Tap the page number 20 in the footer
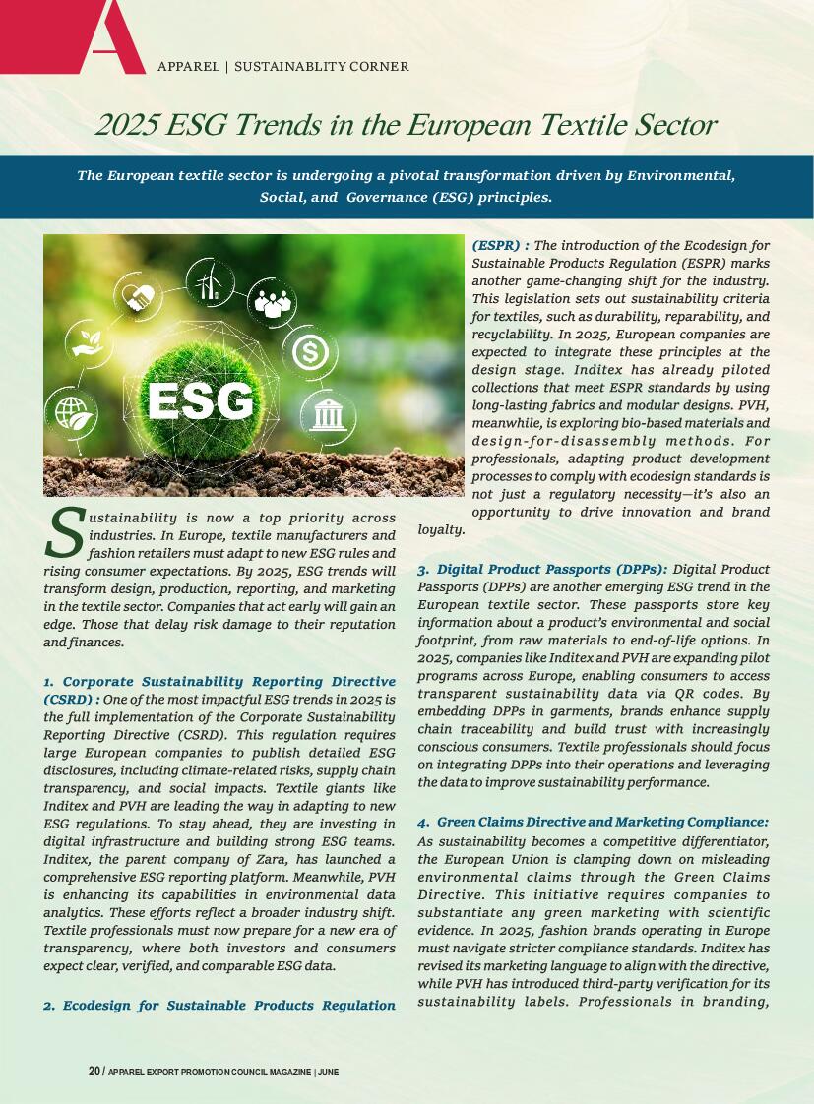(x=94, y=1071)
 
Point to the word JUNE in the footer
(x=329, y=1072)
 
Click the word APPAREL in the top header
(x=188, y=67)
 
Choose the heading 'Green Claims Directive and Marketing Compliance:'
(x=601, y=822)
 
